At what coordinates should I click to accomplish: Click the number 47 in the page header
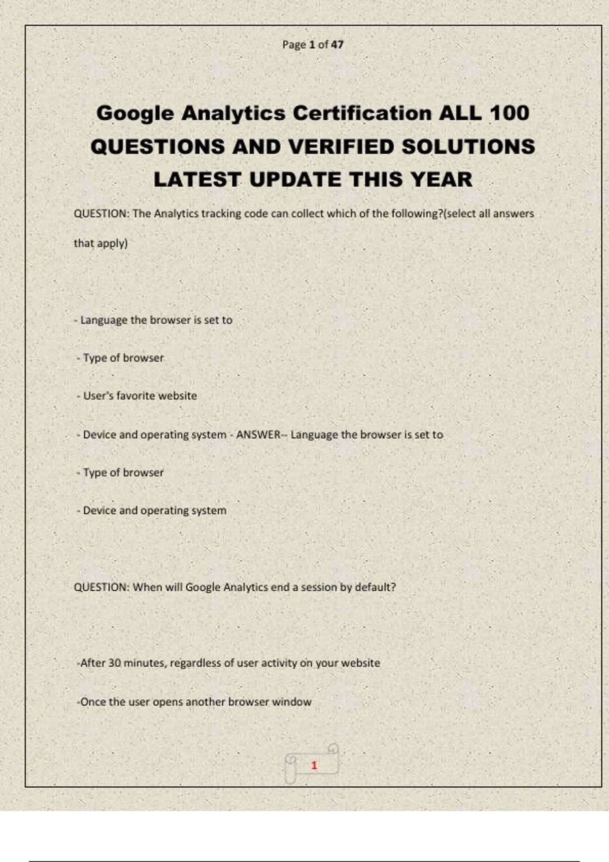(337, 45)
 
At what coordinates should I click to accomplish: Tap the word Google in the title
(135, 113)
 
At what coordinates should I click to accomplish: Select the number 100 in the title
(510, 113)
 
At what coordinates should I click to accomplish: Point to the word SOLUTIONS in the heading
(468, 147)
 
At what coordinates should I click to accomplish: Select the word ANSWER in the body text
(258, 435)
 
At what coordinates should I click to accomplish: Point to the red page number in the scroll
(314, 765)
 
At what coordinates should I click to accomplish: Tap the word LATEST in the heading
(197, 179)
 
